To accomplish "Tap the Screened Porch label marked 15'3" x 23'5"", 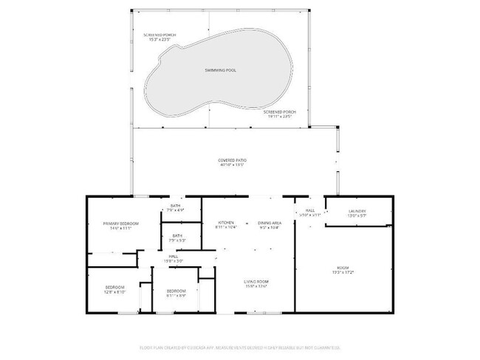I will pyautogui.click(x=160, y=35).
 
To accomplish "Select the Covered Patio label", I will pyautogui.click(x=231, y=159).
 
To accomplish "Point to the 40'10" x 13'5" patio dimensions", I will pyautogui.click(x=231, y=165).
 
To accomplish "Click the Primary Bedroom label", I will pyautogui.click(x=121, y=223).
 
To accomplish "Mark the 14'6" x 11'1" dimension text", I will pyautogui.click(x=121, y=229).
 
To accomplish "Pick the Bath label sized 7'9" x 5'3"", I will pyautogui.click(x=176, y=235).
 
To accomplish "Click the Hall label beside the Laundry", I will pyautogui.click(x=310, y=210).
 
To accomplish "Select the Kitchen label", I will pyautogui.click(x=226, y=223).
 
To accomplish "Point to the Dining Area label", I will pyautogui.click(x=269, y=223).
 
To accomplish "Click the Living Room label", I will pyautogui.click(x=256, y=281).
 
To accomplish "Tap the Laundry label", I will pyautogui.click(x=357, y=211).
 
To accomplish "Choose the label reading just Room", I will pyautogui.click(x=343, y=267).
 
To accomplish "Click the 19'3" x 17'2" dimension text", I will pyautogui.click(x=343, y=273).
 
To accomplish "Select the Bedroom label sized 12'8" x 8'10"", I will pyautogui.click(x=114, y=286).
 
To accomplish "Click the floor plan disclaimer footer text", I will pyautogui.click(x=239, y=347).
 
